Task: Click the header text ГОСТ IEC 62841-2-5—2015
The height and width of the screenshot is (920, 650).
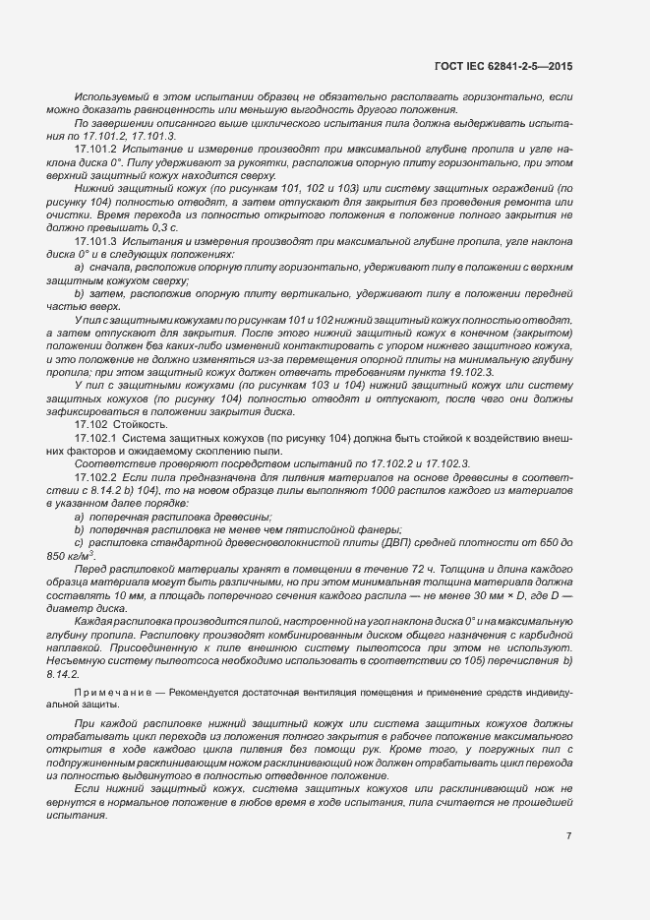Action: [x=502, y=66]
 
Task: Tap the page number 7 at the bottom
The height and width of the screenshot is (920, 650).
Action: [x=569, y=835]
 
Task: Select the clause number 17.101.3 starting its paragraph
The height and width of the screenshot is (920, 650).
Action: [x=96, y=241]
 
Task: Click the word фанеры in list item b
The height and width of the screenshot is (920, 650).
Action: [x=346, y=529]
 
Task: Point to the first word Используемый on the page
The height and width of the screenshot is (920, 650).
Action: [x=109, y=98]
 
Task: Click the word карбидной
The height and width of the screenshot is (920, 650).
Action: [x=546, y=636]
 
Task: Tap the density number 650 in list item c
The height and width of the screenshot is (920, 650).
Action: [x=541, y=542]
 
